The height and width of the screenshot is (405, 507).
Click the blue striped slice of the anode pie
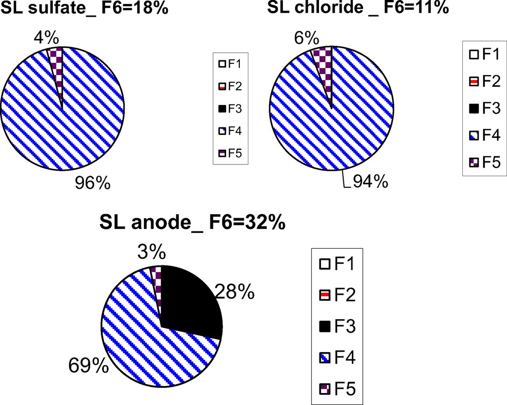pos(142,335)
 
